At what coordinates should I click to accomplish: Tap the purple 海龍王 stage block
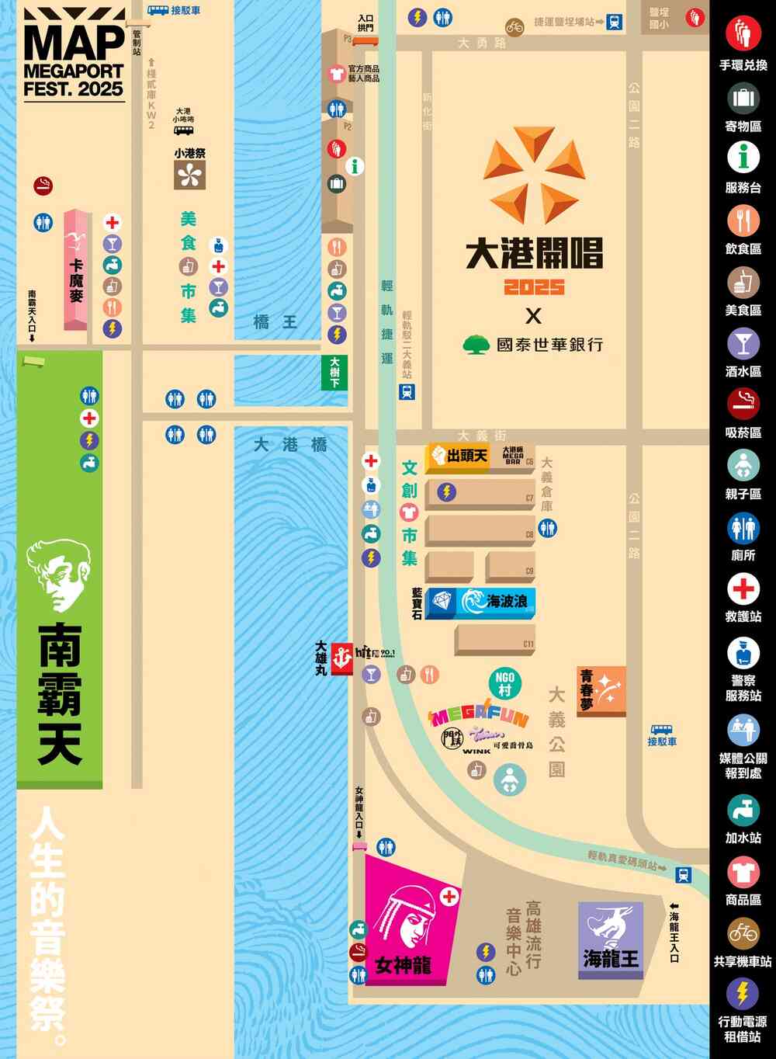(x=611, y=939)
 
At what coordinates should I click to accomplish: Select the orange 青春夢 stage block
(x=601, y=690)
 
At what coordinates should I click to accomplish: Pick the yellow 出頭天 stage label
(x=459, y=456)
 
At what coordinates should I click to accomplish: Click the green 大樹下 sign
(x=334, y=373)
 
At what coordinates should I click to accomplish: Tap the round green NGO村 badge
(x=504, y=682)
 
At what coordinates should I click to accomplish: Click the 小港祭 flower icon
(x=189, y=175)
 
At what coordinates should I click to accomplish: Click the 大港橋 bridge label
(x=290, y=445)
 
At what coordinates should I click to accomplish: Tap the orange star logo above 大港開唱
(x=534, y=172)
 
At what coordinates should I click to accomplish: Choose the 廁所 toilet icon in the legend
(x=743, y=528)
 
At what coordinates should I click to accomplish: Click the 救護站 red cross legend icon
(x=743, y=589)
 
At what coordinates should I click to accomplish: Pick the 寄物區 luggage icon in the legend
(x=743, y=99)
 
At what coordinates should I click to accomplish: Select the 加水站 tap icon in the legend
(x=743, y=811)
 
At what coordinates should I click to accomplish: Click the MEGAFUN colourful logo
(x=480, y=714)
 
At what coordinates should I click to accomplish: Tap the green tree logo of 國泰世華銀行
(x=476, y=344)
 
